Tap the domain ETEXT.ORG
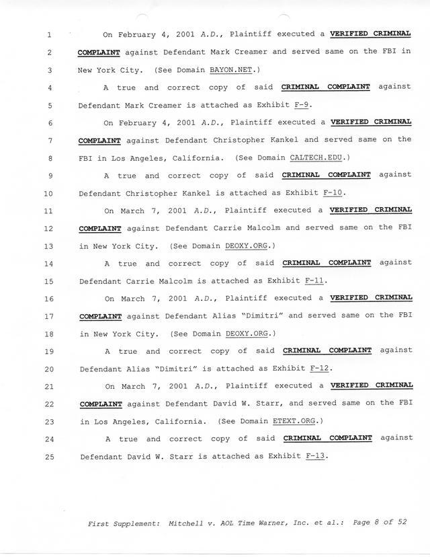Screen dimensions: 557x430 (298, 421)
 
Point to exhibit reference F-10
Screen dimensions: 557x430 (333, 193)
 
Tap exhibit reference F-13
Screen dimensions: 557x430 (315, 456)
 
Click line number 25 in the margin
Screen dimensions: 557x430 (50, 457)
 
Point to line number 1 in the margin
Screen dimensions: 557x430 (50, 34)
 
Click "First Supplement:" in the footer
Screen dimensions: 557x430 (121, 522)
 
